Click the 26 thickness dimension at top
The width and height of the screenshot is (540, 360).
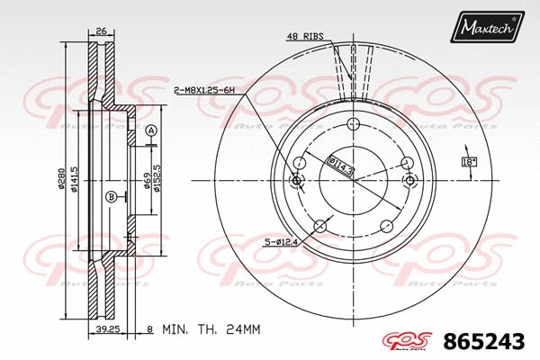click(x=101, y=31)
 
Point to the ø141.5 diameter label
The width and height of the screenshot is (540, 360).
click(x=76, y=181)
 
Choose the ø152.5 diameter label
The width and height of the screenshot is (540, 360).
click(x=157, y=173)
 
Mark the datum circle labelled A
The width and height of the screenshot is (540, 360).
click(x=151, y=130)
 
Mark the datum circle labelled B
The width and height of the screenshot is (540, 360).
click(x=111, y=197)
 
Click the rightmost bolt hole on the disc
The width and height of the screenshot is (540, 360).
click(x=409, y=181)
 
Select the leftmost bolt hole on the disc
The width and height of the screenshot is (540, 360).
click(x=297, y=181)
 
